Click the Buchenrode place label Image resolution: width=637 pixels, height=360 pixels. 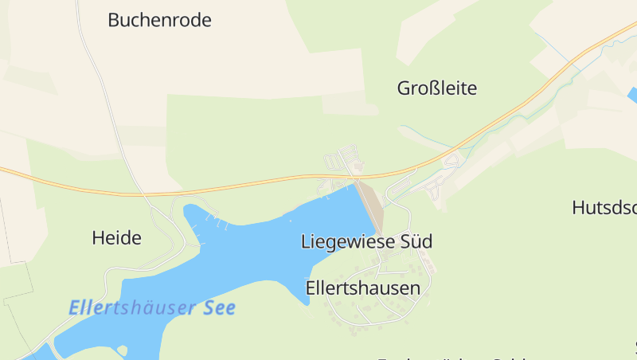pos(159,21)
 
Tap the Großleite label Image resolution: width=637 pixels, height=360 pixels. pos(437,88)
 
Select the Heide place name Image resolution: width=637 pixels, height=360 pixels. pos(116,237)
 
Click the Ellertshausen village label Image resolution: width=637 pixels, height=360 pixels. pos(362,288)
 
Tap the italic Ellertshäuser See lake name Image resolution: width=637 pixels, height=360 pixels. pos(152,307)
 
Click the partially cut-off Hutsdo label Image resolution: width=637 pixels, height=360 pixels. pos(604,208)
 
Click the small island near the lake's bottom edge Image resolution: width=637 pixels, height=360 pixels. pos(122,349)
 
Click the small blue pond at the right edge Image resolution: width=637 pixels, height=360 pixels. pos(631,95)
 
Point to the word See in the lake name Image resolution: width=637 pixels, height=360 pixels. pos(221,307)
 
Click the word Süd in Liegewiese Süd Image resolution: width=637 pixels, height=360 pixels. pos(417,241)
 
